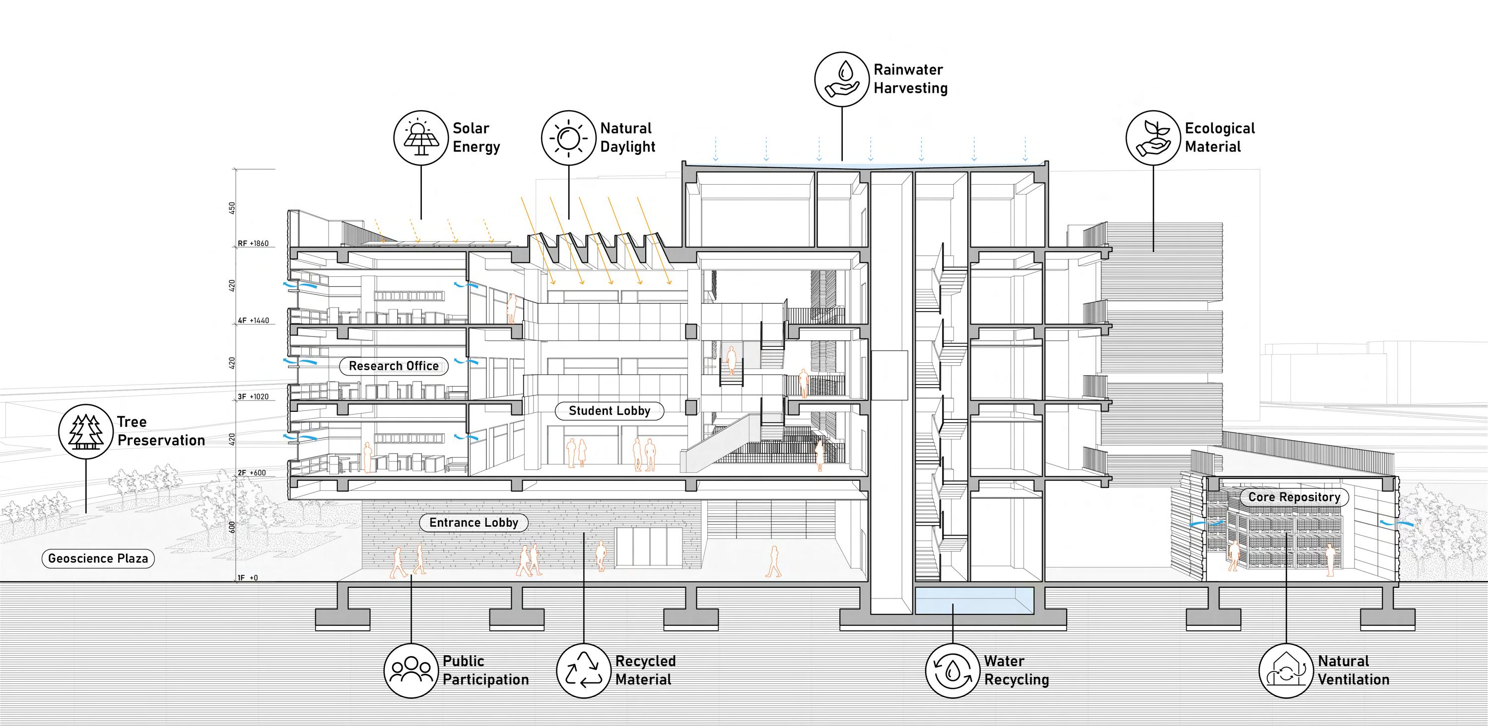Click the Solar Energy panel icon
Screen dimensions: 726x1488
pos(420,138)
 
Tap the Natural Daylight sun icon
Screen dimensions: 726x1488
pos(568,138)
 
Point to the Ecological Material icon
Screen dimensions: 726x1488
pos(1153,138)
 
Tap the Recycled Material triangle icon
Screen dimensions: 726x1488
pos(583,670)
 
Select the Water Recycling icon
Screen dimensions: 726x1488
pos(952,670)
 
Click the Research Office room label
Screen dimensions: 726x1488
pos(394,366)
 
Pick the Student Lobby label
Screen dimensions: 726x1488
pos(609,411)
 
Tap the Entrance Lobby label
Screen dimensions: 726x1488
pos(473,523)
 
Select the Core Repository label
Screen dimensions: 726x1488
pos(1294,497)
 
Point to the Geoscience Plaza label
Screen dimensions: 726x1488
pos(98,558)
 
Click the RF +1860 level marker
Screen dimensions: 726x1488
pos(254,244)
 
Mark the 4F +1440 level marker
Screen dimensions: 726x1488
pos(254,321)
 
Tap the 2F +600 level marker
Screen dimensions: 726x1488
pos(252,473)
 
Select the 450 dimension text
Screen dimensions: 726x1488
pos(232,208)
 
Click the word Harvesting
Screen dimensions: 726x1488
pos(910,88)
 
